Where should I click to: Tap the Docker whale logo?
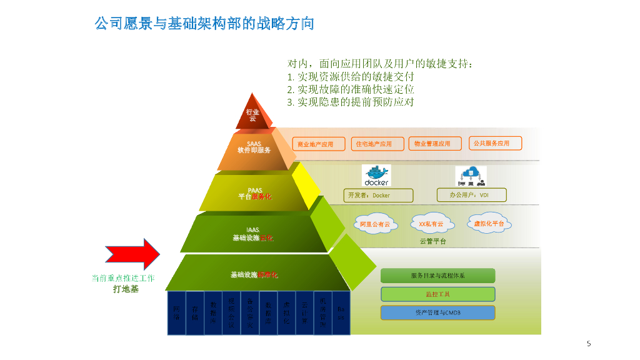pos(376,175)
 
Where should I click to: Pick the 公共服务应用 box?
pos(494,143)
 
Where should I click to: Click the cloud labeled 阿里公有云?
pos(375,224)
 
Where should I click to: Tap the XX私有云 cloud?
pos(431,224)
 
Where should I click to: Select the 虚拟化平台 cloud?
pos(489,223)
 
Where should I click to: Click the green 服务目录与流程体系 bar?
pos(437,276)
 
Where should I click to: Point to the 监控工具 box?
pos(437,294)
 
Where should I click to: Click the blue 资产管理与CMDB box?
pos(437,312)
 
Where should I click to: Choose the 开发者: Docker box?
pos(378,196)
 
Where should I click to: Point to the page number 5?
pos(589,343)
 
